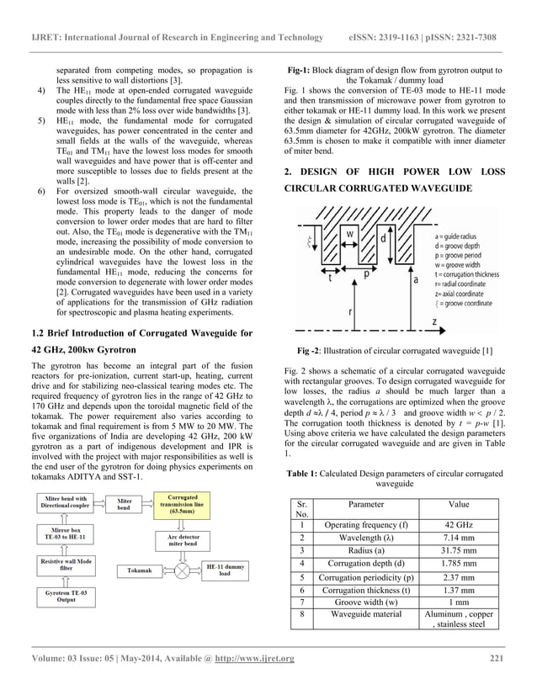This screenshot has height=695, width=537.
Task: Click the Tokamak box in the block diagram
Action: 140,570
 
